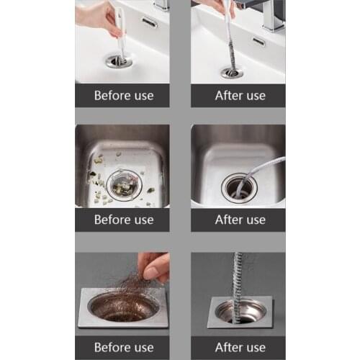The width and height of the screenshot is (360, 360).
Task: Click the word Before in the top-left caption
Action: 109,95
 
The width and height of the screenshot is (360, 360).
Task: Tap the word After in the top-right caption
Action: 229,95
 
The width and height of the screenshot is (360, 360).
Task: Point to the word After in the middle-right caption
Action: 229,220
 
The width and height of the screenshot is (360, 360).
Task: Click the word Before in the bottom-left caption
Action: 109,346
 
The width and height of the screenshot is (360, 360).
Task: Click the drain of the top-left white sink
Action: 119,61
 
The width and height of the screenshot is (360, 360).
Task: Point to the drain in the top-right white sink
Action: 231,72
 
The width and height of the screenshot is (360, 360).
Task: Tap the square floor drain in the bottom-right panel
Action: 237,311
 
